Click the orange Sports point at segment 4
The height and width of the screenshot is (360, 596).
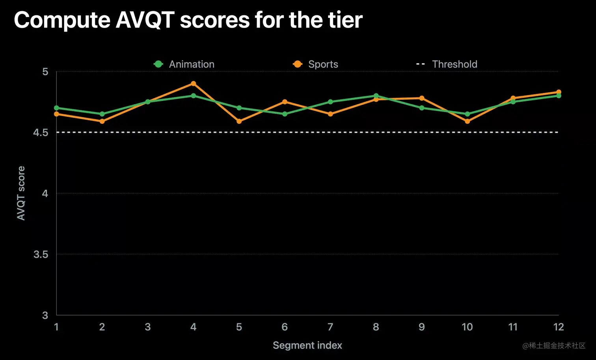[193, 84]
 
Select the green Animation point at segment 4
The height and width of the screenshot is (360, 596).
[193, 95]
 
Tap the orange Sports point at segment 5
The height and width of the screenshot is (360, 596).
[239, 121]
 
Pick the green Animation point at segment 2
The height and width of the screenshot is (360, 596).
[102, 114]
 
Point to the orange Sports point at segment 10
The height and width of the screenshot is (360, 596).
[467, 121]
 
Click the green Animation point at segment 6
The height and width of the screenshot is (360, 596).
[285, 114]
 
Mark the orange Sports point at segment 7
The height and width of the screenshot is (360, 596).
[330, 114]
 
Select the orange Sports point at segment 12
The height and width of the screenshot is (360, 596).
[559, 92]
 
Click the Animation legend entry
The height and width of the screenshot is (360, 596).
[184, 64]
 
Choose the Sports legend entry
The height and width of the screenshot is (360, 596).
[316, 64]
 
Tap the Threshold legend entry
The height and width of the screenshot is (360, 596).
[447, 64]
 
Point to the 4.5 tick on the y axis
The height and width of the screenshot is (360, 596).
[41, 132]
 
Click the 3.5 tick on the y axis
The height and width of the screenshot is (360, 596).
[41, 254]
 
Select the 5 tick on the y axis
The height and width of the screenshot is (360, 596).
[45, 72]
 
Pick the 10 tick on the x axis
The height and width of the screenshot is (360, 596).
[467, 327]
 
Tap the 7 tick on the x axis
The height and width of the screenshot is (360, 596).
[330, 327]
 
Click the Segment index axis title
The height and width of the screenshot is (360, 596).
[307, 345]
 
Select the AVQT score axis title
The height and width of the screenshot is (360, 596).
[21, 193]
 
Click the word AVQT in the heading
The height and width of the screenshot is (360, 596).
[145, 20]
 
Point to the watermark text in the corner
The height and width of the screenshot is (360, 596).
[554, 346]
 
